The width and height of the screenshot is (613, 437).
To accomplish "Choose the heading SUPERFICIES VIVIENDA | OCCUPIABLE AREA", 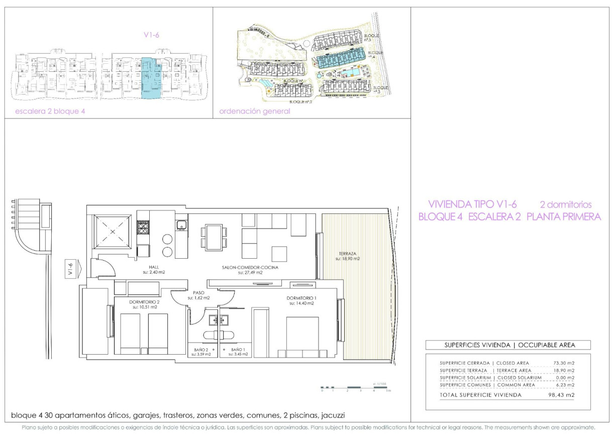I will pyautogui.click(x=507, y=345).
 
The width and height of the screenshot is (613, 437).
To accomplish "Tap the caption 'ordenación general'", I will pyautogui.click(x=255, y=112).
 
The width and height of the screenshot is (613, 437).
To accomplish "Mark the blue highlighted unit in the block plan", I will pyautogui.click(x=151, y=77).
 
